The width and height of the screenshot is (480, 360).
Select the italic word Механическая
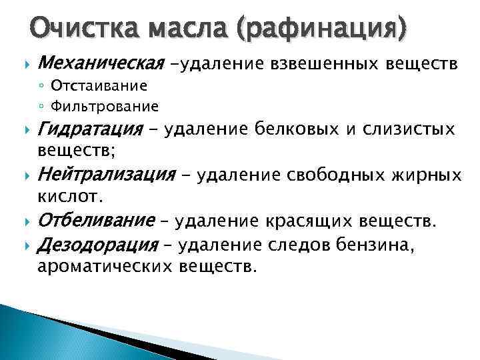[x=101, y=64]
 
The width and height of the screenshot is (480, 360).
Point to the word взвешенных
[x=316, y=64]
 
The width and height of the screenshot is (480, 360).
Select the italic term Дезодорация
[x=96, y=245]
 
